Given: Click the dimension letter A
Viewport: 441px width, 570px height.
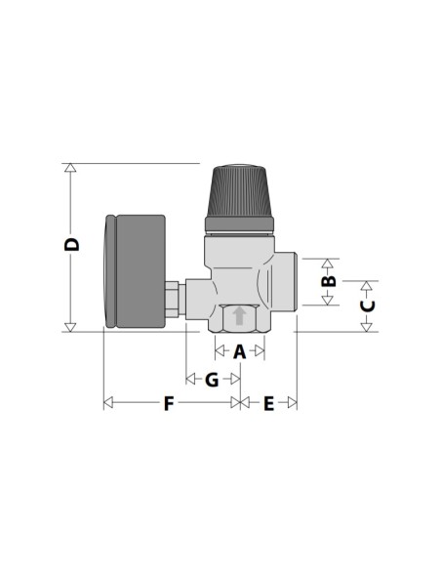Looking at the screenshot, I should click(x=240, y=351).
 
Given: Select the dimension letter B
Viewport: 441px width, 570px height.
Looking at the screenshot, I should click(x=329, y=281).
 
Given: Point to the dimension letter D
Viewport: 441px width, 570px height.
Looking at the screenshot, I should click(x=71, y=245).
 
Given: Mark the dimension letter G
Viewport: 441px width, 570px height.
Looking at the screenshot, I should click(x=212, y=379).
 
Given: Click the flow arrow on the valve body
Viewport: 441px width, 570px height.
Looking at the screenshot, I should click(x=239, y=316).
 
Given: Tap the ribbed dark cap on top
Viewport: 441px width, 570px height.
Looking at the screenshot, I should click(x=241, y=193).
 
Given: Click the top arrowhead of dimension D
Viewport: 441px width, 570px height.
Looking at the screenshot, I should click(x=70, y=168).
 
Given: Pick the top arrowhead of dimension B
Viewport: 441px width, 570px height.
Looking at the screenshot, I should click(x=329, y=264).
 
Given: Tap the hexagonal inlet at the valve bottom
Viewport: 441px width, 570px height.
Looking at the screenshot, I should click(x=239, y=319).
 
